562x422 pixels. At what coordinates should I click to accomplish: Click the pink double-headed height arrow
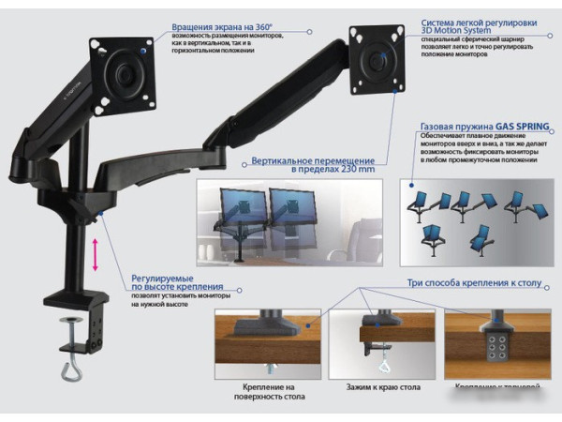click(x=95, y=254)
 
